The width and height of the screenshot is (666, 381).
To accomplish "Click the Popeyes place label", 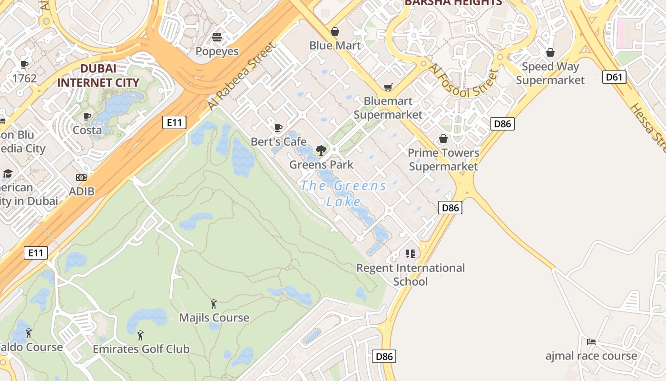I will point(217,51).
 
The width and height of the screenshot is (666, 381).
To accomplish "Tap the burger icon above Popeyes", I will point(217,37).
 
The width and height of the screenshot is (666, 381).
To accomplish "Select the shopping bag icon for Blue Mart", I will point(335,31).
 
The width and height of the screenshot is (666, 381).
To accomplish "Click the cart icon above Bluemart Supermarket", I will point(388,87).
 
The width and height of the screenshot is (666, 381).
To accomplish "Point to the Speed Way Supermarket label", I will point(550,73).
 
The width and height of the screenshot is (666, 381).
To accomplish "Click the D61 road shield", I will point(614,77).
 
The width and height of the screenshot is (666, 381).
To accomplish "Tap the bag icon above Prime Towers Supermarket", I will point(443,139).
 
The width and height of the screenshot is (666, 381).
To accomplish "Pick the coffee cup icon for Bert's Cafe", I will point(278,128).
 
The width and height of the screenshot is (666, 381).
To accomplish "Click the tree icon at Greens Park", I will point(321,150).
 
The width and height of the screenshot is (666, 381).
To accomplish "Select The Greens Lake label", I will point(343,193).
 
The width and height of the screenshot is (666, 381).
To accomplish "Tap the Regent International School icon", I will point(410,254).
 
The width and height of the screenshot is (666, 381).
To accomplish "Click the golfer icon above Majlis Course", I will point(214,303).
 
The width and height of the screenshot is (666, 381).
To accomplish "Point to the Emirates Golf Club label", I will point(141,349).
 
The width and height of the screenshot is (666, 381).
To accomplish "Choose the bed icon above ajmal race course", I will point(591,341).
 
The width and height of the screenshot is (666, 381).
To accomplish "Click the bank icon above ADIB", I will point(81,178).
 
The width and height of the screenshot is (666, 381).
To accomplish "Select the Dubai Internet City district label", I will point(98,75).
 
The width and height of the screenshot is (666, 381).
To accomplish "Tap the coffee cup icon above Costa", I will point(87,116).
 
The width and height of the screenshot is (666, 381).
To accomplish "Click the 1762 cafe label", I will point(25,78).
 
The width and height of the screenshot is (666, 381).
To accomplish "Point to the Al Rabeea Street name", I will point(241,77).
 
